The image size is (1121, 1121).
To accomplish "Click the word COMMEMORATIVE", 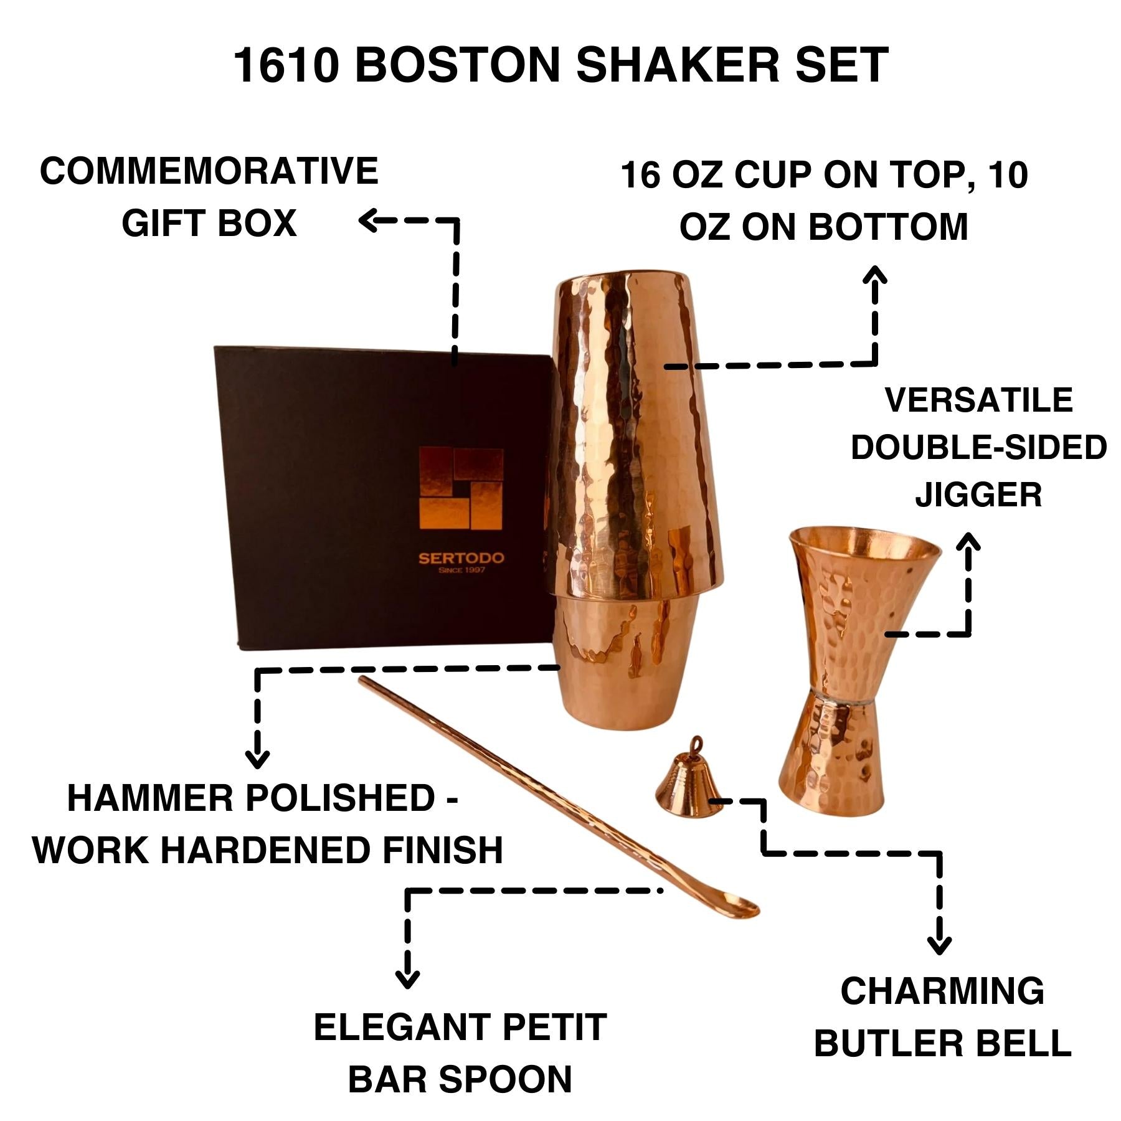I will [x=209, y=171].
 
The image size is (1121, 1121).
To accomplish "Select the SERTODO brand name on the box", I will [x=461, y=558].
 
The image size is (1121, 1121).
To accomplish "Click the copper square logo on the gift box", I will [x=461, y=489].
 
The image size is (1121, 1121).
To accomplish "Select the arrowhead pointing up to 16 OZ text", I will [x=876, y=274].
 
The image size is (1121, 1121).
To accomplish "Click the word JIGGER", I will [x=978, y=495].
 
